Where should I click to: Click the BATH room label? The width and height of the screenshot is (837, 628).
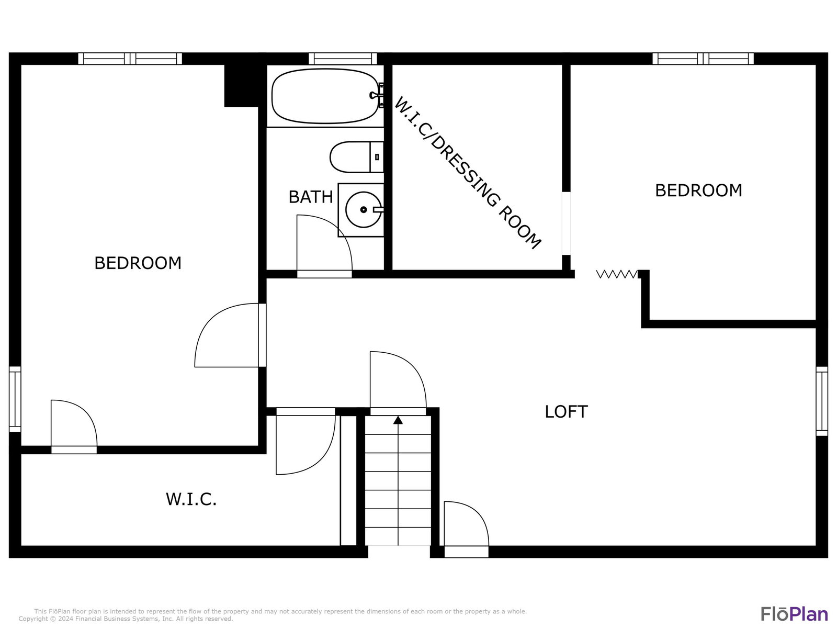click(310, 197)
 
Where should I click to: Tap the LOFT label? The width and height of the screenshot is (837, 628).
click(566, 412)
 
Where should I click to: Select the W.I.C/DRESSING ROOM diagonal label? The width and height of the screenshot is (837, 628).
click(467, 173)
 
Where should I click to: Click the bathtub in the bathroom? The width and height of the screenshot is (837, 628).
click(325, 96)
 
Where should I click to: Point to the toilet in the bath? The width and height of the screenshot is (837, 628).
click(357, 156)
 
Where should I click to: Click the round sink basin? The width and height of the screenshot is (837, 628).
click(363, 210)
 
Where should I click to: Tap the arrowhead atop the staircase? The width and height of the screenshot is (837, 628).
click(398, 420)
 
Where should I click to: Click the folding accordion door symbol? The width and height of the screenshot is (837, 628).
click(617, 274)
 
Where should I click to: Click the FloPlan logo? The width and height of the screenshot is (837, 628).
click(794, 614)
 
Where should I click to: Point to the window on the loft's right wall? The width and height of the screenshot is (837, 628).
click(822, 401)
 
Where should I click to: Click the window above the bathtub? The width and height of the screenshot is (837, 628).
click(343, 59)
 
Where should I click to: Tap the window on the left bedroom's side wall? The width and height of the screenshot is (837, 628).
click(15, 399)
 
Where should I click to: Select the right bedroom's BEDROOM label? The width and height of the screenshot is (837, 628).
click(698, 190)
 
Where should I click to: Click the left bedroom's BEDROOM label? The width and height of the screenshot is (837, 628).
click(138, 263)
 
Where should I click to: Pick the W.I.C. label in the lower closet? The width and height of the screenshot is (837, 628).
click(191, 499)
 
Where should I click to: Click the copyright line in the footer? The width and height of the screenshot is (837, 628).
click(126, 619)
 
